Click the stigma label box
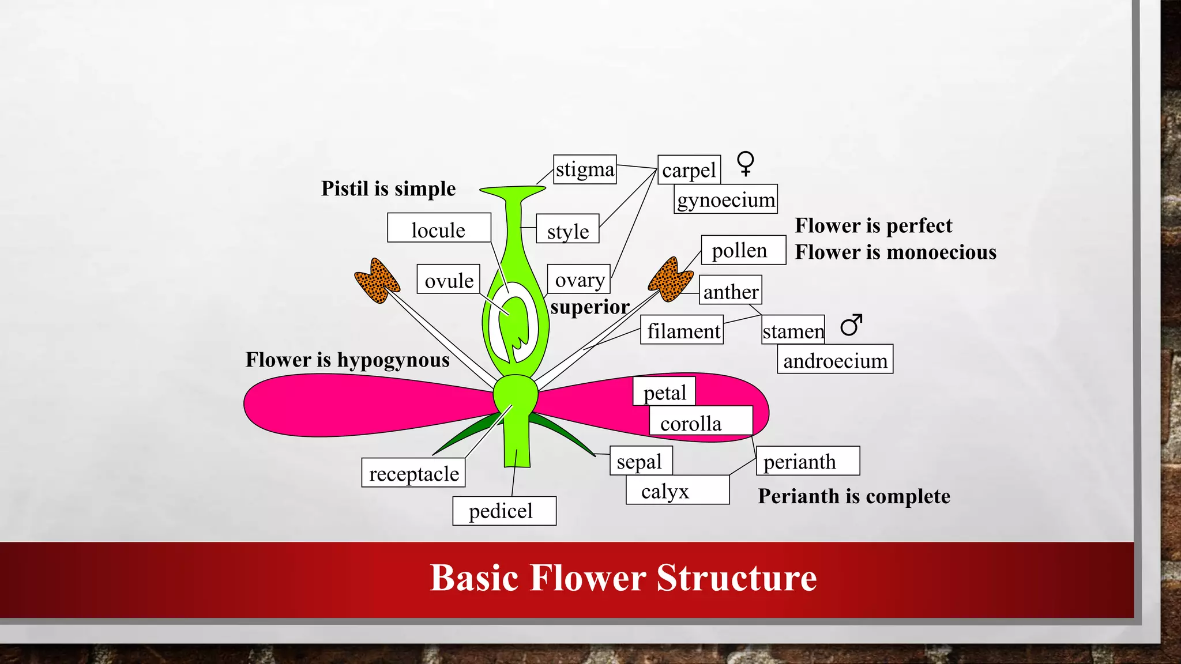tap(585, 169)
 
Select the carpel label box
tap(689, 170)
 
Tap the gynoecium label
tap(725, 199)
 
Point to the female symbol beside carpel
tap(746, 163)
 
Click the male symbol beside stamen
tap(851, 325)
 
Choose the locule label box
tap(439, 228)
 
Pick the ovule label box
tap(449, 280)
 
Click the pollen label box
tap(743, 250)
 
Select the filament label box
tap(682, 330)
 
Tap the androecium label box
tap(835, 360)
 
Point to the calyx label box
tap(678, 491)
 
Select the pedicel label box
tap(504, 511)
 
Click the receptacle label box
tap(413, 473)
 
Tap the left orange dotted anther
tap(377, 281)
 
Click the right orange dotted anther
tap(671, 280)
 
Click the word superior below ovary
tap(590, 307)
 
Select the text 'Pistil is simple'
tap(388, 188)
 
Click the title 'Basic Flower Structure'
tap(623, 578)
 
